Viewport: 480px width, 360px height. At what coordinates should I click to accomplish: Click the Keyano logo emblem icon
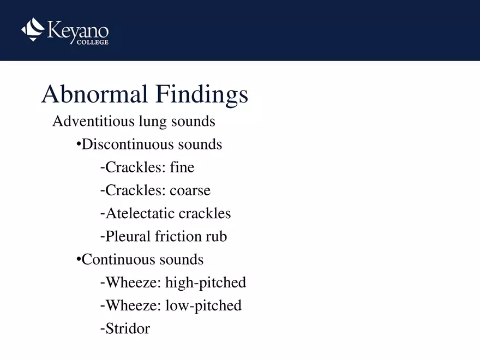click(x=33, y=29)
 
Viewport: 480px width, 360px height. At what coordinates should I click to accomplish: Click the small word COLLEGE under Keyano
click(x=92, y=42)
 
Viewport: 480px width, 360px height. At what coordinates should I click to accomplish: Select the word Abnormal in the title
click(x=94, y=94)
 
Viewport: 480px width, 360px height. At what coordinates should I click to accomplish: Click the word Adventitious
click(x=90, y=121)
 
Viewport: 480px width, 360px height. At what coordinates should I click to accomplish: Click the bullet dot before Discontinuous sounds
click(x=79, y=145)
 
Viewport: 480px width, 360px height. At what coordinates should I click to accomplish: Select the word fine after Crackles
click(x=182, y=167)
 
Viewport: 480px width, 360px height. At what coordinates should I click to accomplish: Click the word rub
click(x=216, y=237)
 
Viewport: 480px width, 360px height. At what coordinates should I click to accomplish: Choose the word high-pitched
click(x=206, y=283)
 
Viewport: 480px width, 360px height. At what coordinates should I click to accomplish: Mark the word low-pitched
click(x=203, y=305)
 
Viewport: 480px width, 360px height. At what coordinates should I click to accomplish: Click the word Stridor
click(x=128, y=328)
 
